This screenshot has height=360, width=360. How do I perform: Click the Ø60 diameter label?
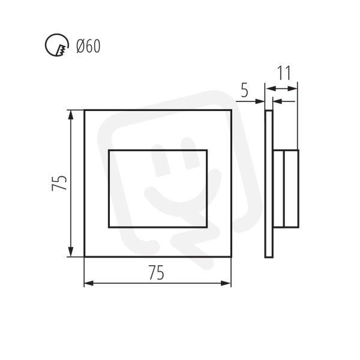click(x=88, y=46)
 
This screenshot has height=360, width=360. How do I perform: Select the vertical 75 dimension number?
click(x=59, y=183)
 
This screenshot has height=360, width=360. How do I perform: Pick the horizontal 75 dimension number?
click(x=157, y=272)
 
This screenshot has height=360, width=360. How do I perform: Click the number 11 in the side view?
click(x=284, y=73)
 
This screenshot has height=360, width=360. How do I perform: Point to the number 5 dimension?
click(x=245, y=91)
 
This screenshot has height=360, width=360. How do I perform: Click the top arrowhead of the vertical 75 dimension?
click(x=71, y=115)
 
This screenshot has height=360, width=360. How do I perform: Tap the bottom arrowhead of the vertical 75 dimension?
click(x=71, y=252)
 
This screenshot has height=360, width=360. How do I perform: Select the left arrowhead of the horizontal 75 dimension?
click(x=89, y=283)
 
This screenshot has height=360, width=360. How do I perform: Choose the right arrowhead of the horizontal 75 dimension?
click(x=226, y=283)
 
